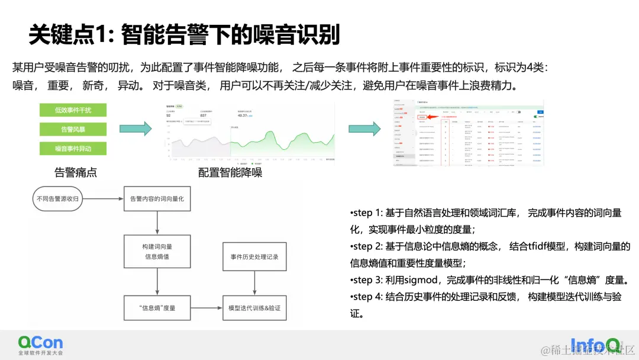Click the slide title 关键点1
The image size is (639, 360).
pos(184,35)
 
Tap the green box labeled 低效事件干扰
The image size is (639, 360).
pos(73,110)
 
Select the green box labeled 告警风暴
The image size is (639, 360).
pos(73,129)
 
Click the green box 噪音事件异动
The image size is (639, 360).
pos(73,149)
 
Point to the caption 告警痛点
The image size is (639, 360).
pos(75,172)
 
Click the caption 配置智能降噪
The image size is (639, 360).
pos(230,172)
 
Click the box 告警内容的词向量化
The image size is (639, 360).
pos(157,199)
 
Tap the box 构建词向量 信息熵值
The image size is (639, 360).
pos(157,252)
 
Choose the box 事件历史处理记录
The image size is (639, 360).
pos(254,257)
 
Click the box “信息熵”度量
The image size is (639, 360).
pos(157,308)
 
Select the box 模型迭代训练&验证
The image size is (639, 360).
pos(254,308)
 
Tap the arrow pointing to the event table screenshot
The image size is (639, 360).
pos(364,128)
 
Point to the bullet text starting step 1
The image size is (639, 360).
pos(485,221)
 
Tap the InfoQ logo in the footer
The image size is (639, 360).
pos(595,344)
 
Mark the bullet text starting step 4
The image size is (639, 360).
pos(485,305)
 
